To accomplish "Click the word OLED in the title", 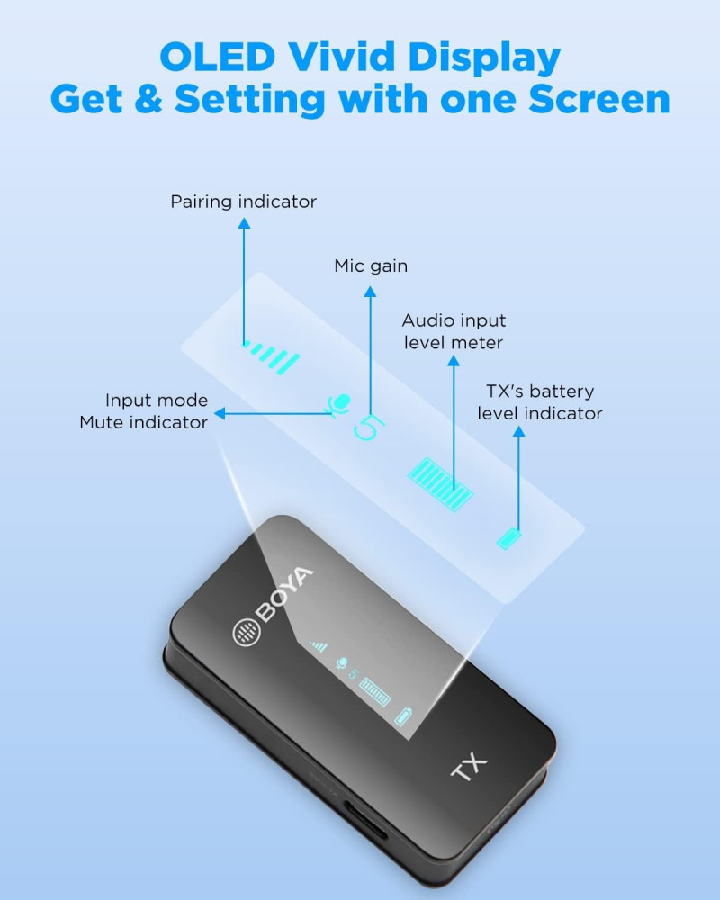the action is tap(218, 57).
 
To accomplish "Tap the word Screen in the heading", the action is tap(598, 99).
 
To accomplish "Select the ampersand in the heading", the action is tap(148, 99).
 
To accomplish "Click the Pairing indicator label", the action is tap(243, 202).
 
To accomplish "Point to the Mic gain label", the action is tap(371, 265).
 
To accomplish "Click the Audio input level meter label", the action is tap(454, 331).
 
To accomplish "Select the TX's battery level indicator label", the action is tap(540, 401).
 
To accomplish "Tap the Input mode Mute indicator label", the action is tap(144, 411).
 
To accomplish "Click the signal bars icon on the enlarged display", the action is tap(271, 357).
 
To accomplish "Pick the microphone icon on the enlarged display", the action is tap(338, 405).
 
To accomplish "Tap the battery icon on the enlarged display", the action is tap(508, 539).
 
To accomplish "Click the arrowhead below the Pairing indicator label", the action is tap(244, 223).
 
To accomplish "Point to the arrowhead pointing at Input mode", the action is tap(220, 413).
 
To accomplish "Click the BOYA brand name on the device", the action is tap(285, 593).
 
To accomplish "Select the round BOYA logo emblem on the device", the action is tap(247, 633).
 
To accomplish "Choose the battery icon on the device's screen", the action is tap(403, 716).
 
